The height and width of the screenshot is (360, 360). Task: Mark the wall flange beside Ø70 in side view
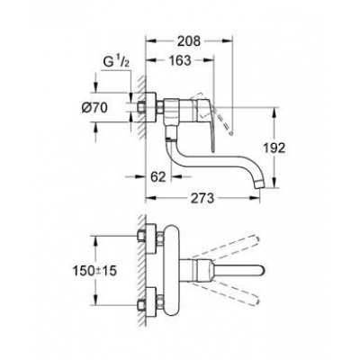149,108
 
